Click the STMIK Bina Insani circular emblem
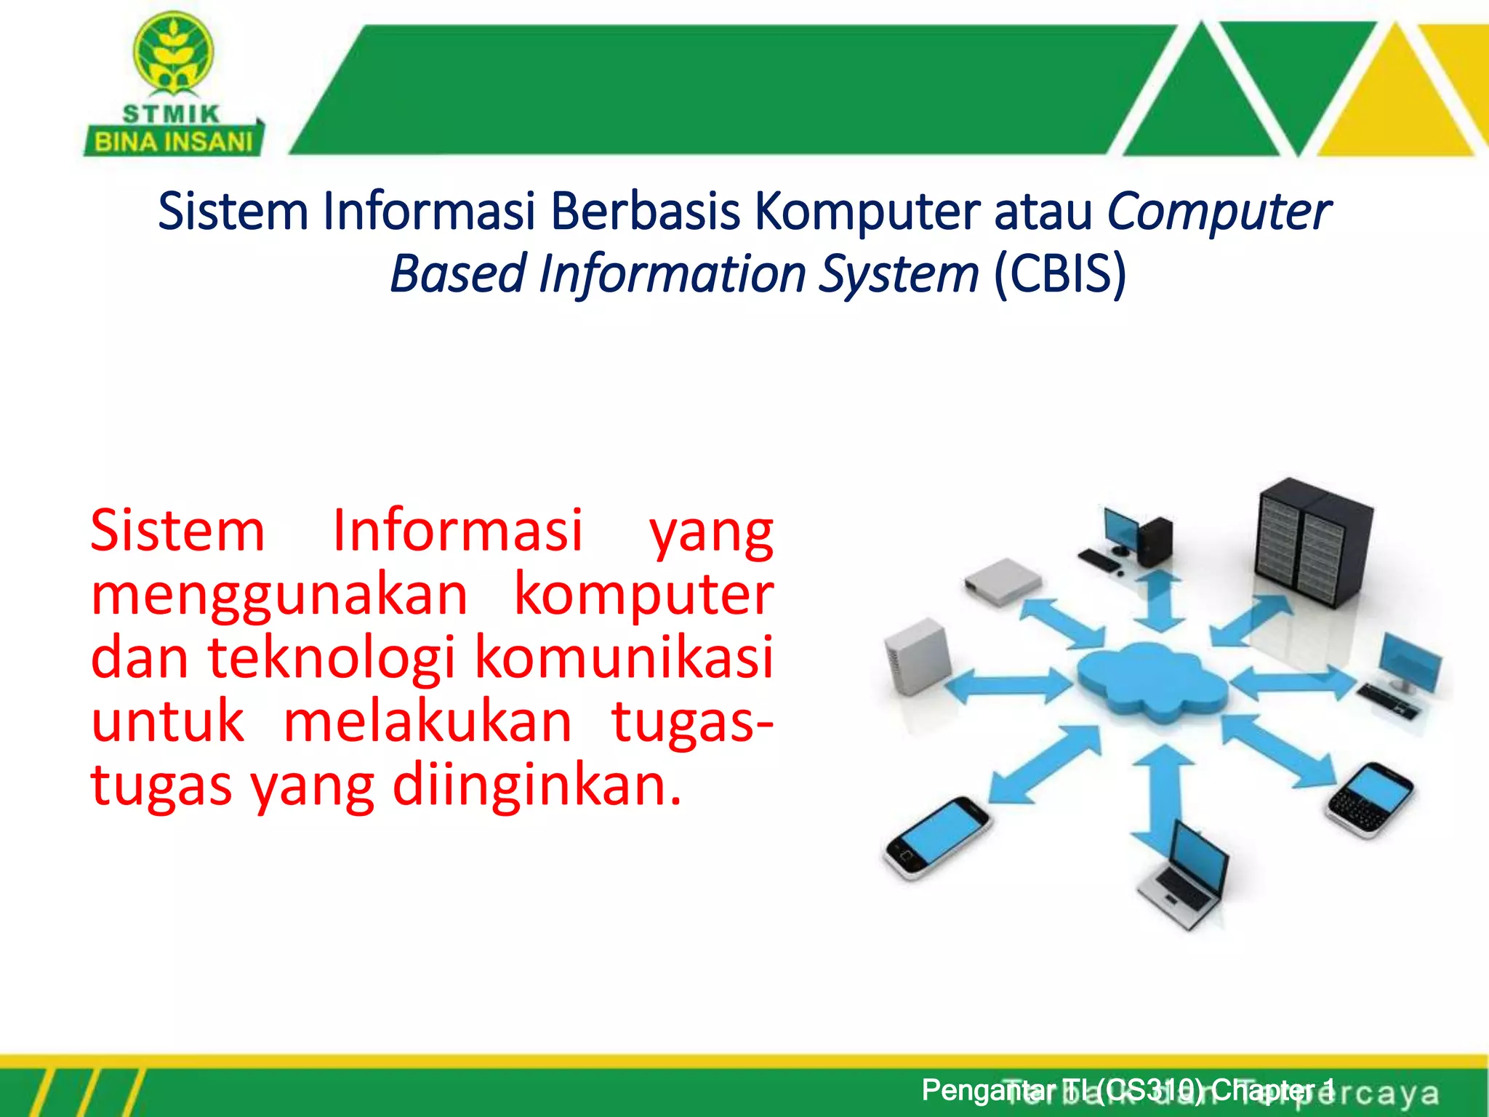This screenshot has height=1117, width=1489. pyautogui.click(x=173, y=53)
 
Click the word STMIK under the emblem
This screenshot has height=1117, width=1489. pyautogui.click(x=171, y=114)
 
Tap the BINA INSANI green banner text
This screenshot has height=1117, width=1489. pyautogui.click(x=173, y=141)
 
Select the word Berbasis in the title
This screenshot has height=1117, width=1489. pyautogui.click(x=645, y=212)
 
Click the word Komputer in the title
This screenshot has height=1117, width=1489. pyautogui.click(x=867, y=212)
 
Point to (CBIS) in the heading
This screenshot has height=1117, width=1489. pyautogui.click(x=1059, y=274)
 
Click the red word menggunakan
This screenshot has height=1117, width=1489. pyautogui.click(x=279, y=595)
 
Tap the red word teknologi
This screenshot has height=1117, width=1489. pyautogui.click(x=332, y=657)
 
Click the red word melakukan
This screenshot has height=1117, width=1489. pyautogui.click(x=428, y=721)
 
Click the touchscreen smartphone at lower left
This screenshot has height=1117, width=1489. pyautogui.click(x=936, y=838)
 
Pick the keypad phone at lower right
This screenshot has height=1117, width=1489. pyautogui.click(x=1370, y=800)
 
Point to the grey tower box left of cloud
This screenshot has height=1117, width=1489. pyautogui.click(x=916, y=654)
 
